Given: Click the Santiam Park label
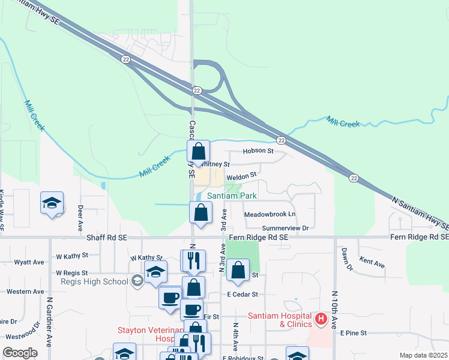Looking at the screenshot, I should (232, 196).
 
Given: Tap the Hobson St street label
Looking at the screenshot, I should (258, 151).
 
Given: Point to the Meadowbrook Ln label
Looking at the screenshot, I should (270, 214).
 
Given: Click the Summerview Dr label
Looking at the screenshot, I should (285, 228).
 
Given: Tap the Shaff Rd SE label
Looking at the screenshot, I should (106, 238).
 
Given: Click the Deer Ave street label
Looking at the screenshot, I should (80, 218).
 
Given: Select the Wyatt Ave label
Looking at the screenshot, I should (29, 262).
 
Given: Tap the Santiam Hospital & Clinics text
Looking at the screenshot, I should (280, 320).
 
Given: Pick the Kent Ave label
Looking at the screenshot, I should (372, 262).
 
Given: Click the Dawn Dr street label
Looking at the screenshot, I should (345, 259).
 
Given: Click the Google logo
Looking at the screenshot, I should (20, 353).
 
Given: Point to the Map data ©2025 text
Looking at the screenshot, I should (423, 355).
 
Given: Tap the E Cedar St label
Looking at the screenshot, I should (243, 295).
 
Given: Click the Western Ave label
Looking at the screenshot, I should (25, 292).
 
